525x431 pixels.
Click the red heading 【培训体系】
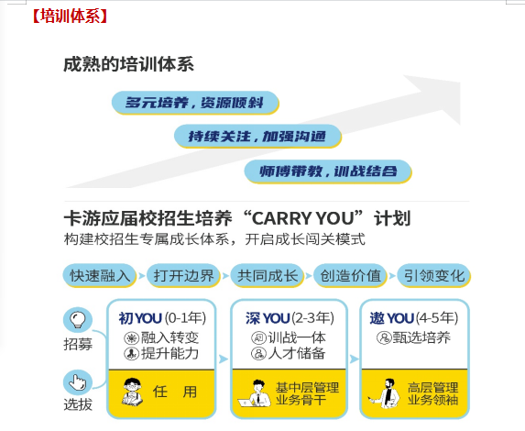[x=70, y=16]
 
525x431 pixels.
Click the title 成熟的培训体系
[x=128, y=64]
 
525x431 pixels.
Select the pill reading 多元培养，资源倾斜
[x=195, y=103]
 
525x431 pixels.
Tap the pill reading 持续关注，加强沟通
[x=257, y=137]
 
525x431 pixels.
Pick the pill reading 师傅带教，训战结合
[x=328, y=171]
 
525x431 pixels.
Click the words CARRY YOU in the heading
[x=302, y=218]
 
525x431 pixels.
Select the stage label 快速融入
[x=100, y=275]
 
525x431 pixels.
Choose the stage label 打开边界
[x=183, y=275]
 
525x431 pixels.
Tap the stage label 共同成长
[x=267, y=275]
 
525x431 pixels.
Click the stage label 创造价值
[x=350, y=275]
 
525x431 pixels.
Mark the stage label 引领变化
[x=434, y=275]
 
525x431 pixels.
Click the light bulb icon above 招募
[x=78, y=320]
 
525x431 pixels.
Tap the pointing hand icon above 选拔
[x=78, y=382]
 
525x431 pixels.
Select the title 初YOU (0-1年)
[x=162, y=318]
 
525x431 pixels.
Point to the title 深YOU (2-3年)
[x=290, y=318]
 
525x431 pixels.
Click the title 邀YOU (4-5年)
[x=414, y=318]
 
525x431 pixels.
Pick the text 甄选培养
[x=421, y=337]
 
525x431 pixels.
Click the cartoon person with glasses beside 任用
[x=132, y=392]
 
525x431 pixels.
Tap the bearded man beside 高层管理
[x=386, y=393]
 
